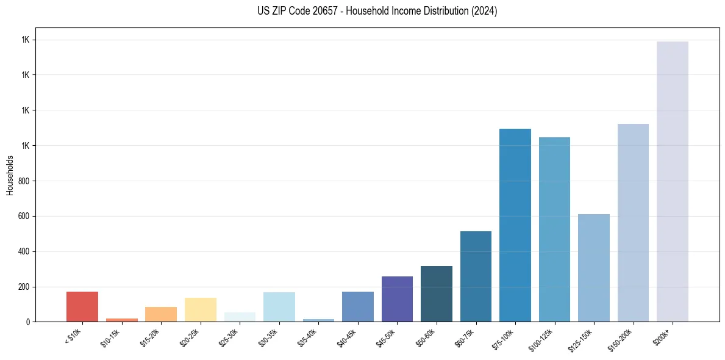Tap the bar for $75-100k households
point(515,225)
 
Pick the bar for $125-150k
point(593,268)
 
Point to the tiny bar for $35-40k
point(318,320)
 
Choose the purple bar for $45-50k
point(397,299)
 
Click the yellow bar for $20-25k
point(200,309)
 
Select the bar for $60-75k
point(476,276)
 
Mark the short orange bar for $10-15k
point(121,320)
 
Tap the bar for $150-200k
point(633,223)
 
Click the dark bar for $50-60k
point(436,293)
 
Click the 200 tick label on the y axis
point(24,287)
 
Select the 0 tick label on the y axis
point(27,322)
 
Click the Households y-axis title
point(10,175)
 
